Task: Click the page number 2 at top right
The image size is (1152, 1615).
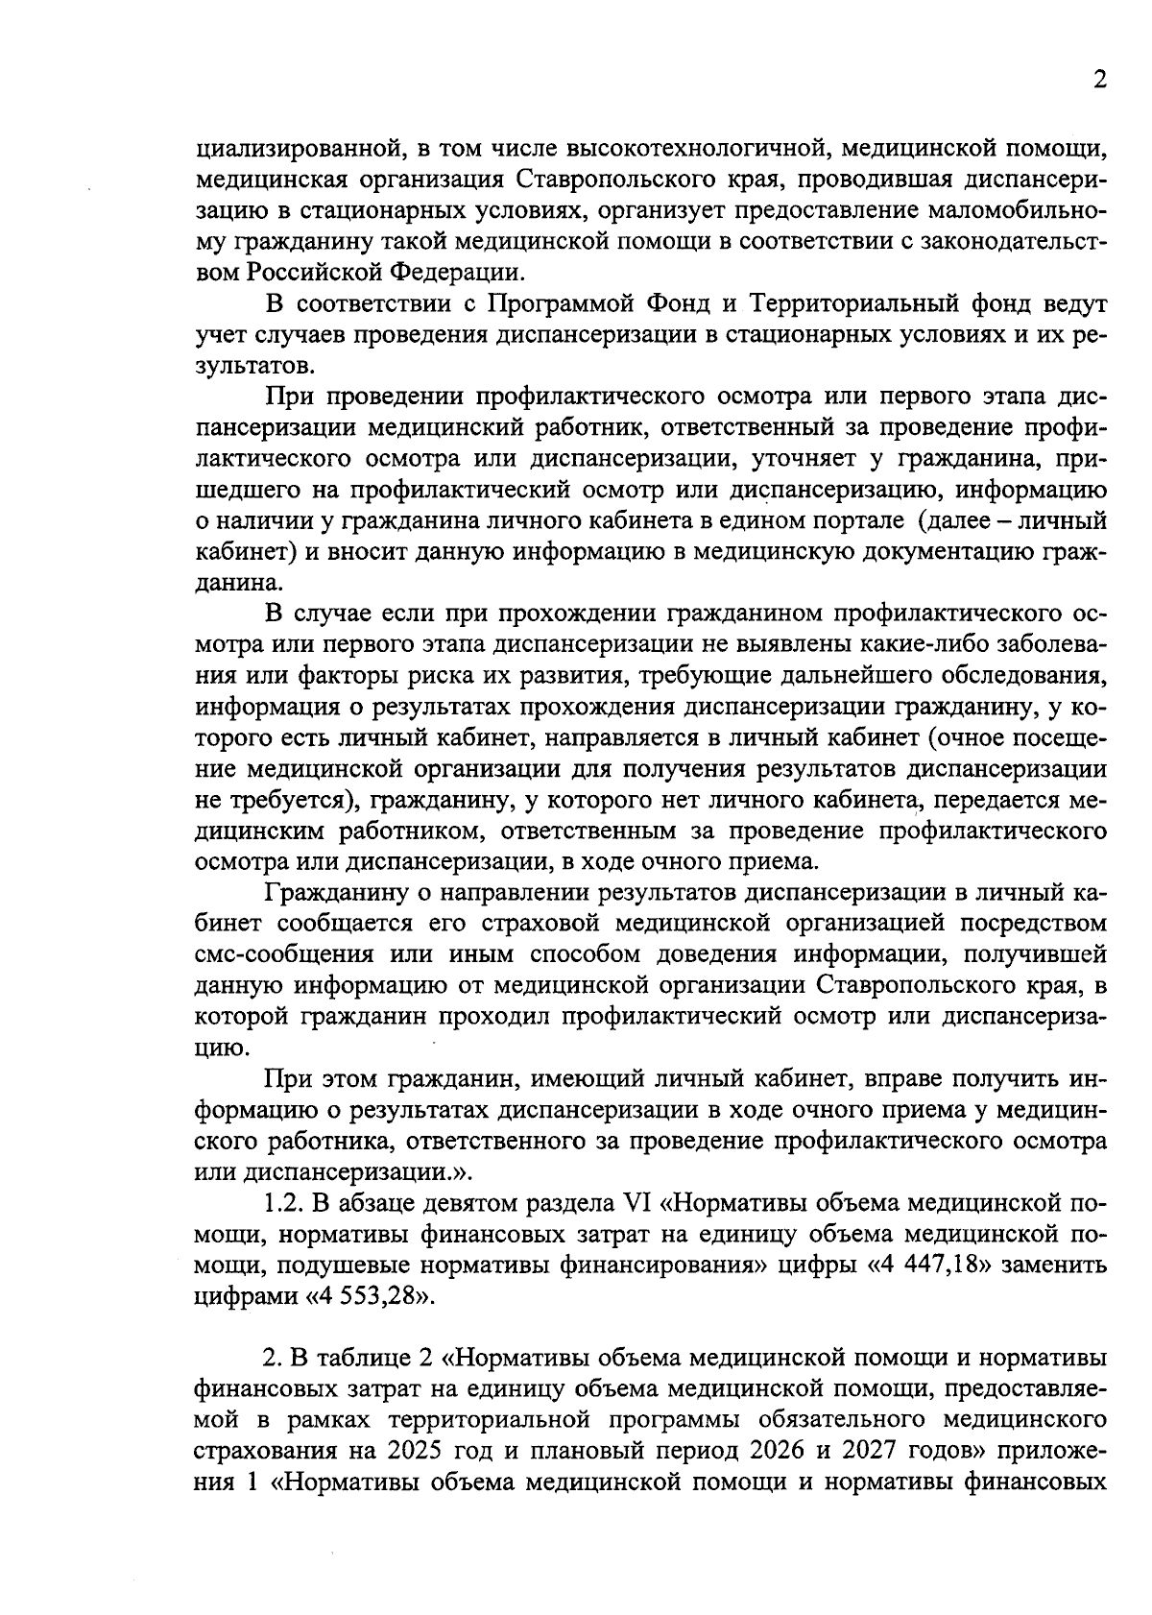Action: click(x=1099, y=80)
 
